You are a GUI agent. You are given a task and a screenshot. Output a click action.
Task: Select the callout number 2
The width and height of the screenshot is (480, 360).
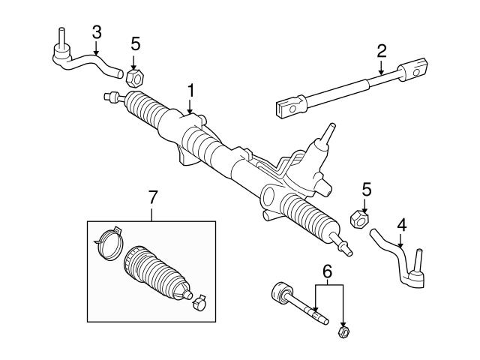pyautogui.click(x=381, y=52)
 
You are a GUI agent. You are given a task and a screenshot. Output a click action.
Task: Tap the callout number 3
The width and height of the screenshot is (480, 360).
pyautogui.click(x=96, y=31)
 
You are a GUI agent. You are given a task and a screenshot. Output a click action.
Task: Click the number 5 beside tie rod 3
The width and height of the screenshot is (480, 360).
pyautogui.click(x=135, y=43)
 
